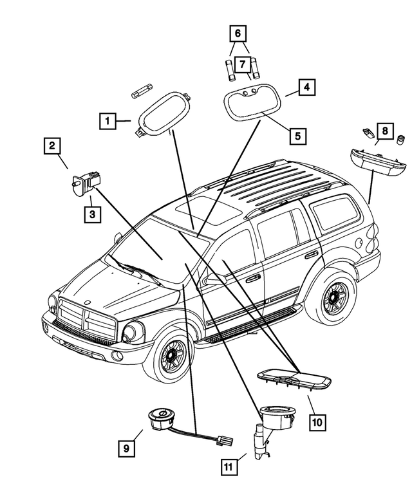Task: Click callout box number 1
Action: click(x=108, y=120)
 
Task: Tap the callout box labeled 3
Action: click(x=92, y=214)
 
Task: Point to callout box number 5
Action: click(x=297, y=136)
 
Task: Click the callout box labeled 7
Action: click(x=242, y=64)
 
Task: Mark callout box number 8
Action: click(x=384, y=132)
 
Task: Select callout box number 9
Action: click(x=126, y=446)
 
